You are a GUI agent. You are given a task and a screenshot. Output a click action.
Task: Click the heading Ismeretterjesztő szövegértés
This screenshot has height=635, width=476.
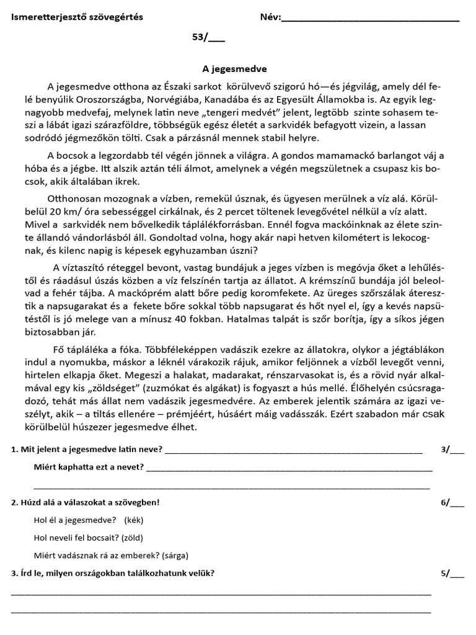pyautogui.click(x=77, y=17)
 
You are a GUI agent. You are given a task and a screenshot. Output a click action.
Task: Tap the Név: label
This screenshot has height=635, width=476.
pyautogui.click(x=270, y=17)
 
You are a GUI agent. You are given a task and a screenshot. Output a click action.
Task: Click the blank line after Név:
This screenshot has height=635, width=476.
pyautogui.click(x=370, y=19)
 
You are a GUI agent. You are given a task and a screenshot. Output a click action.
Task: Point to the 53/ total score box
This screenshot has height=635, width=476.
pyautogui.click(x=208, y=37)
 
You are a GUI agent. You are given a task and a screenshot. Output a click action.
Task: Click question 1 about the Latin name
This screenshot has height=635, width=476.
pyautogui.click(x=87, y=450)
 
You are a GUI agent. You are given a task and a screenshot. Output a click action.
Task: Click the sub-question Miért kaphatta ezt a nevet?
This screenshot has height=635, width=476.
pyautogui.click(x=89, y=467)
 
